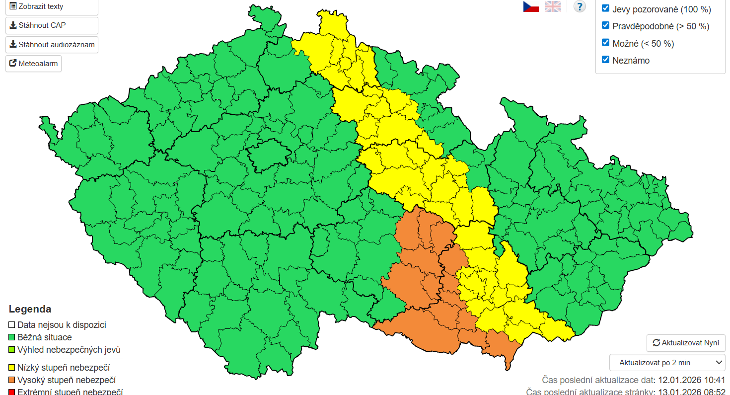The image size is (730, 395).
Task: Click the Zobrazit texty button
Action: tap(52, 7)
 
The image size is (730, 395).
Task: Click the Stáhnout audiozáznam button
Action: tap(52, 45)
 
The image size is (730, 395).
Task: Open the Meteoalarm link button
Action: tap(33, 64)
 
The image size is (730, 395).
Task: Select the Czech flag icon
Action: tap(531, 6)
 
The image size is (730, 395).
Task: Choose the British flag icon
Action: tap(552, 6)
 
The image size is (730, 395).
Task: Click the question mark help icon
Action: tap(580, 6)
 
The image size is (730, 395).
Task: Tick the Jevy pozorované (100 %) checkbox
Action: tap(605, 8)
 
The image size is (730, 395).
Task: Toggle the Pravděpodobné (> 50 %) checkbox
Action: tap(605, 25)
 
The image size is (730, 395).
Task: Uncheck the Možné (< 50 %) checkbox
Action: tap(605, 43)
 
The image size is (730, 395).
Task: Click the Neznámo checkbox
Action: tap(605, 60)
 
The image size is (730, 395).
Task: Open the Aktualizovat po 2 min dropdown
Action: tap(667, 363)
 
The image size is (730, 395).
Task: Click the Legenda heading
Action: tap(30, 309)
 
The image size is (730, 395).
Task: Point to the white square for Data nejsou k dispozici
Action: tap(12, 325)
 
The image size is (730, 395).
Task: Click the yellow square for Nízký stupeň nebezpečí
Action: tap(12, 368)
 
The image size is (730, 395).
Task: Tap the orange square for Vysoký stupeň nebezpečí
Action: tap(12, 381)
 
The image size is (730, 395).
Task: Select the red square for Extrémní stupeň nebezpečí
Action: tap(12, 392)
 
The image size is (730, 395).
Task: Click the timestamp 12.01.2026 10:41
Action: tap(691, 381)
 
